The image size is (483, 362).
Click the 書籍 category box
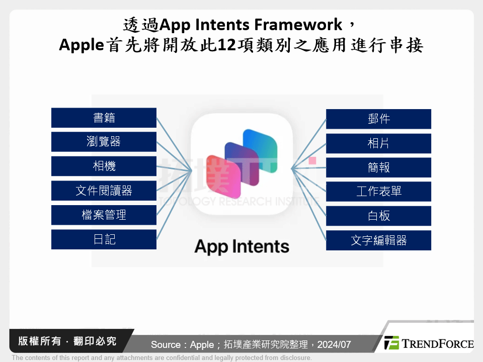(x=104, y=118)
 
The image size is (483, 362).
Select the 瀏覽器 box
(x=104, y=142)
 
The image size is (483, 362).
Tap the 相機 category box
(x=104, y=166)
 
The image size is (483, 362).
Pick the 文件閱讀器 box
(x=104, y=191)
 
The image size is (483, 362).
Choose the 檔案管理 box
(x=104, y=215)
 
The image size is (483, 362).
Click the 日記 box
(x=104, y=239)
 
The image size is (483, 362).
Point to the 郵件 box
(x=378, y=119)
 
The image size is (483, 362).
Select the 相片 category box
(x=378, y=143)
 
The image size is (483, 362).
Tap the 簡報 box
(x=378, y=167)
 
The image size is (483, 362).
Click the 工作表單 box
(x=378, y=192)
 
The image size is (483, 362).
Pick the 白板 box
(x=378, y=216)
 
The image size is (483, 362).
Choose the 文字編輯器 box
(x=378, y=240)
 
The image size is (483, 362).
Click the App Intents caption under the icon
(x=242, y=246)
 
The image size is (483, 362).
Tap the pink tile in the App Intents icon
(x=219, y=176)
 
